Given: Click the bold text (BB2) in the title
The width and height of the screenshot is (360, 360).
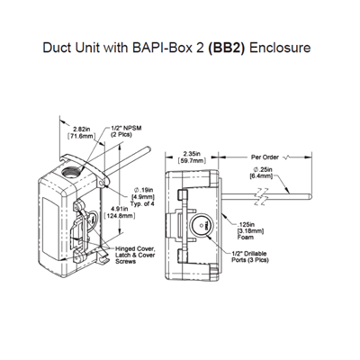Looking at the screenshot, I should [x=229, y=47].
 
